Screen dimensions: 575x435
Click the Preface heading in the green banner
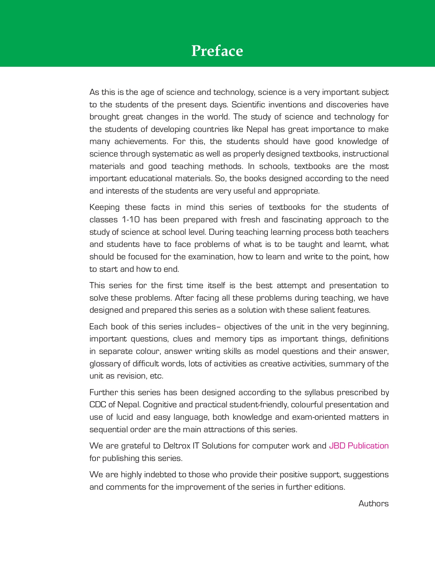pos(217,51)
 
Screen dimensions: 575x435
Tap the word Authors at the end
pos(373,503)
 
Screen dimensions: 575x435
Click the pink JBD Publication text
pos(359,446)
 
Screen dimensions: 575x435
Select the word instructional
pos(367,154)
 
